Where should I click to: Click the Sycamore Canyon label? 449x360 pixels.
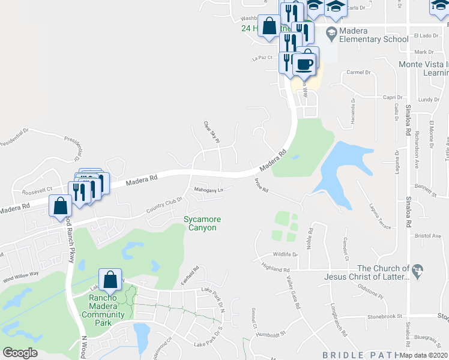click(x=200, y=223)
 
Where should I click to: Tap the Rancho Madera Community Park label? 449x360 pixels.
click(x=103, y=307)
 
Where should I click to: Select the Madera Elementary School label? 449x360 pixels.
click(x=366, y=35)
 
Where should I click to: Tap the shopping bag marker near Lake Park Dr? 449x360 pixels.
click(x=110, y=280)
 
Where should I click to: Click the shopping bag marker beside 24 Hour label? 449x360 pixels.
click(x=270, y=26)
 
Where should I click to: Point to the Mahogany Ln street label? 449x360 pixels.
click(x=208, y=190)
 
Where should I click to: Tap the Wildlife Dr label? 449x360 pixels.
click(x=285, y=254)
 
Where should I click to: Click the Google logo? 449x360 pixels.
click(x=20, y=352)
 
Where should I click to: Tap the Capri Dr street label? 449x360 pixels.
click(x=393, y=97)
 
